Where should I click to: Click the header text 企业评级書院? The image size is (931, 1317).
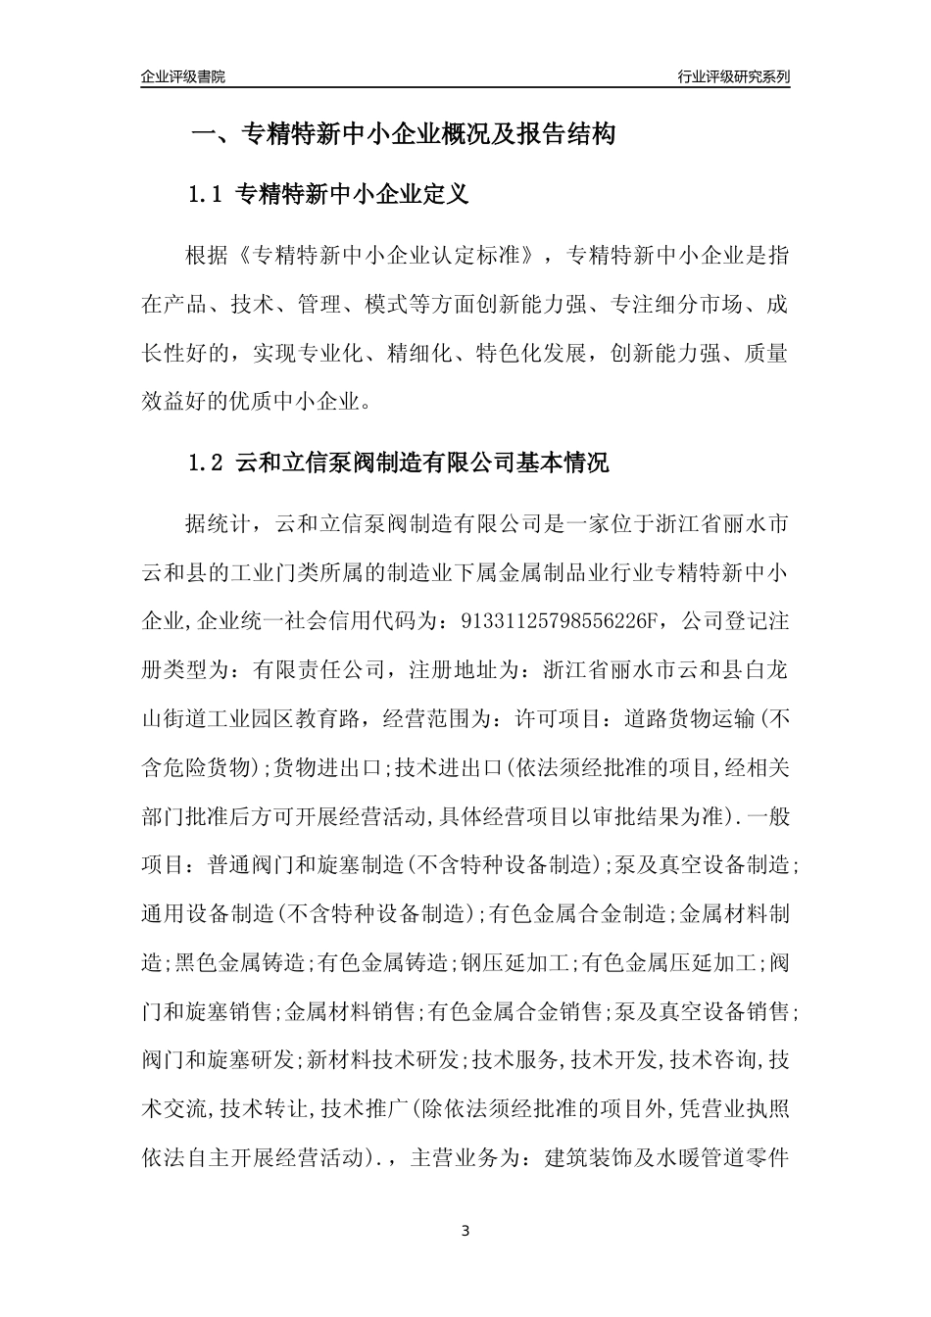click(x=183, y=76)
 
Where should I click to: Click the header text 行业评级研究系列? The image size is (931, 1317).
click(x=733, y=76)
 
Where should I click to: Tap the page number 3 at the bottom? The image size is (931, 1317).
click(x=465, y=1231)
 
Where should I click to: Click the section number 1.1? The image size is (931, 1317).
click(x=206, y=195)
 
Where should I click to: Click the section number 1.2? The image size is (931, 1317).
click(x=206, y=463)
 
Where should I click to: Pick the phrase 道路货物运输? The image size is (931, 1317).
click(x=690, y=719)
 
